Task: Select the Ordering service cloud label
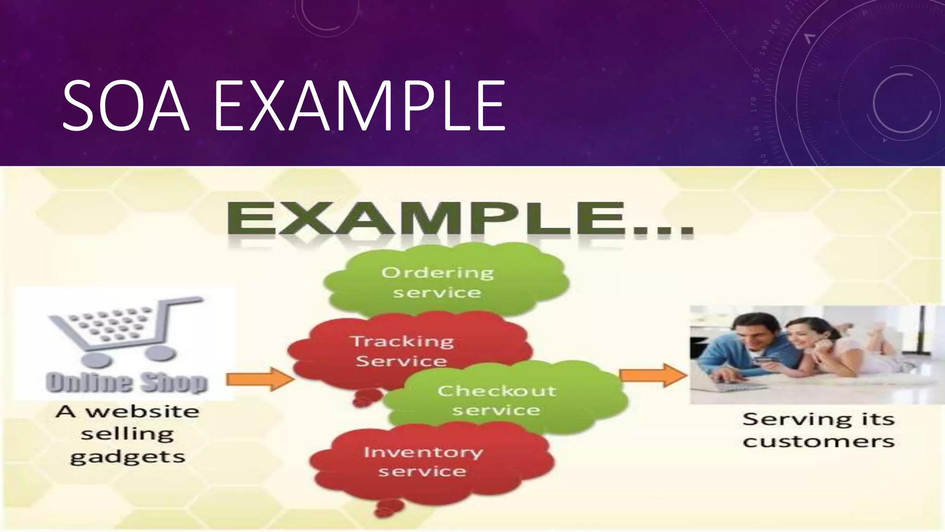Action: tap(437, 282)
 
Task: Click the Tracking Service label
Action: tap(402, 351)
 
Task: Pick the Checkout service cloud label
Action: tap(497, 400)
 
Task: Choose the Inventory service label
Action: tap(423, 461)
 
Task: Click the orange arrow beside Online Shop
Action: tap(260, 379)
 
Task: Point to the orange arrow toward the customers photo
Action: tap(653, 375)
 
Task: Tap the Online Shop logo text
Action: tap(126, 383)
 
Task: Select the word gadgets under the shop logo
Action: tap(127, 457)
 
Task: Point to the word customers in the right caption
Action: tap(819, 441)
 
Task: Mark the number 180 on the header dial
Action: tap(756, 75)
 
